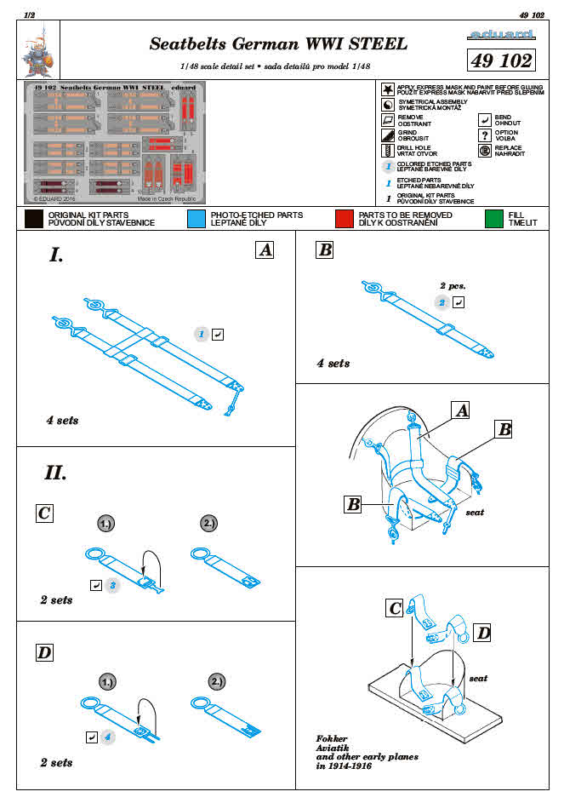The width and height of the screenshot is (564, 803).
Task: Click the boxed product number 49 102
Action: (x=502, y=60)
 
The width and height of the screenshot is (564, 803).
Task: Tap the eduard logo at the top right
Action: (x=502, y=36)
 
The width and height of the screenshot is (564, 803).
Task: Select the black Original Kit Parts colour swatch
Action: (x=34, y=219)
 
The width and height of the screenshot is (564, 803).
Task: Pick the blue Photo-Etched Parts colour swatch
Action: (x=197, y=219)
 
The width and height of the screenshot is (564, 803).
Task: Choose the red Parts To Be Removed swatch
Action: (x=344, y=219)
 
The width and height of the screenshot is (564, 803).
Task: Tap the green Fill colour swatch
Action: (x=493, y=219)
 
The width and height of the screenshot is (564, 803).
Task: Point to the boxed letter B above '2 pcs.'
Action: (x=323, y=250)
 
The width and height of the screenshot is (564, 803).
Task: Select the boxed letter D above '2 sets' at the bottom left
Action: (x=44, y=653)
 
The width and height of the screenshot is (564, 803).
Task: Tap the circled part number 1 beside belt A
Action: (x=201, y=335)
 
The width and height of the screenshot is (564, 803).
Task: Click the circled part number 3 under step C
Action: (x=112, y=585)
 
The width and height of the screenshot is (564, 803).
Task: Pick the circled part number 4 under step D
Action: (x=107, y=736)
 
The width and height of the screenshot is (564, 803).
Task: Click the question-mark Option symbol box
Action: (x=484, y=135)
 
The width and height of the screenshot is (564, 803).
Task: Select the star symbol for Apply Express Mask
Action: (x=387, y=89)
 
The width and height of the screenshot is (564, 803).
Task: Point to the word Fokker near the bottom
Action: (x=331, y=738)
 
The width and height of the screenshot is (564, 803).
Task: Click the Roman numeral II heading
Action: (x=55, y=472)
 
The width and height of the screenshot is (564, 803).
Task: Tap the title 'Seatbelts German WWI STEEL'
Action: (x=278, y=43)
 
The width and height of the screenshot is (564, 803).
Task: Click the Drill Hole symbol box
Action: (x=387, y=149)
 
